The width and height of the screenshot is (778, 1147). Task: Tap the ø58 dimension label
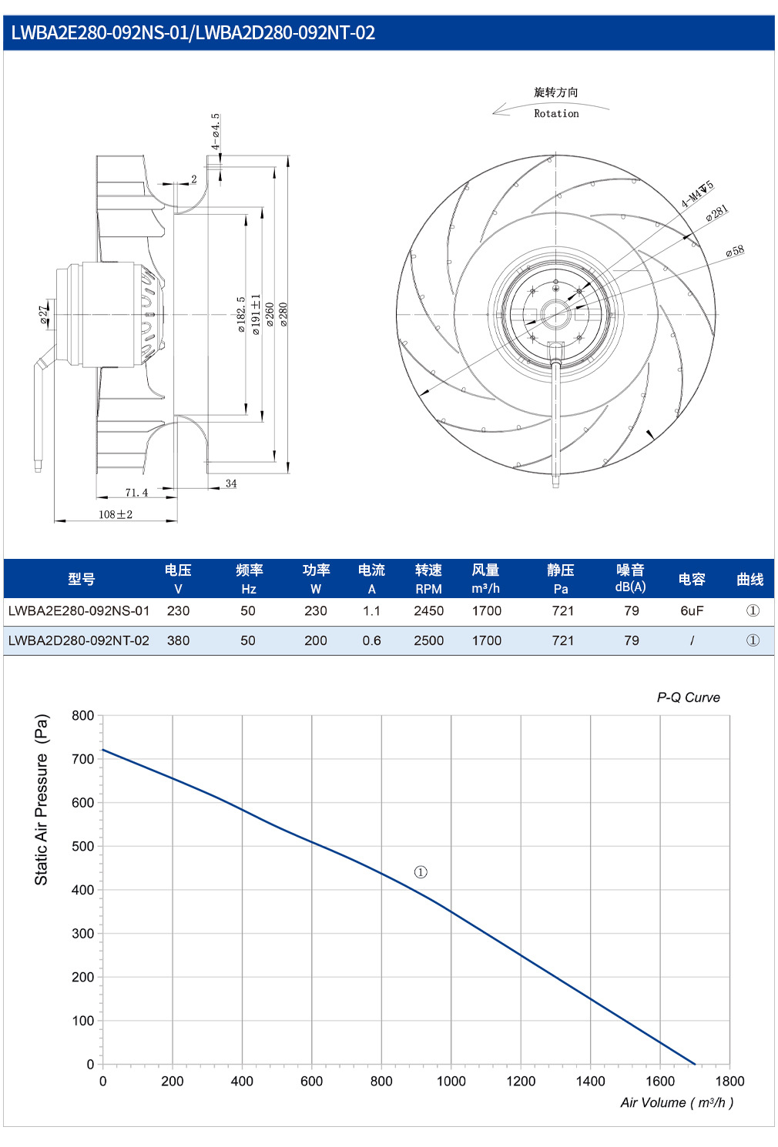735,250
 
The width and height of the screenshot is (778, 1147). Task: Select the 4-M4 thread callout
698,193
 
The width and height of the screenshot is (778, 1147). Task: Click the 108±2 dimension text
116,514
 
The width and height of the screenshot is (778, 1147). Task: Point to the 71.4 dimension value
137,493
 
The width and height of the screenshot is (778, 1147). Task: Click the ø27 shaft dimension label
44,314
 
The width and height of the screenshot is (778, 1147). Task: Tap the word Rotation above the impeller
557,114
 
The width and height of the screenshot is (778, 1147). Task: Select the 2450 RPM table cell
428,611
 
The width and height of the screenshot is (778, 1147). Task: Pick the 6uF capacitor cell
692,611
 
